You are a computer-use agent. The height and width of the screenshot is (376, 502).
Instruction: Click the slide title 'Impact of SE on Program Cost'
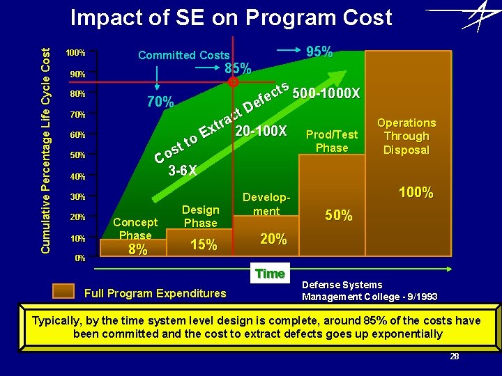click(x=231, y=18)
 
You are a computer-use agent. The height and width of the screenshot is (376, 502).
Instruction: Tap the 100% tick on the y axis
click(x=75, y=53)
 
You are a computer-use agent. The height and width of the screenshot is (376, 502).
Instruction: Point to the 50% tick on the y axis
click(x=75, y=155)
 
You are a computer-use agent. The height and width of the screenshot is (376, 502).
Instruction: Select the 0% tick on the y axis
click(x=79, y=258)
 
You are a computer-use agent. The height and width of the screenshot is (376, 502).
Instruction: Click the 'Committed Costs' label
click(x=183, y=55)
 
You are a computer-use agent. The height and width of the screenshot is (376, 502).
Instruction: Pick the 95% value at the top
click(x=319, y=52)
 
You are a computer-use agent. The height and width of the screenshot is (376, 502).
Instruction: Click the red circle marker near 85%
click(x=234, y=81)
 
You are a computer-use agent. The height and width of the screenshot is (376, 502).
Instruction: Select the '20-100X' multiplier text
click(x=261, y=131)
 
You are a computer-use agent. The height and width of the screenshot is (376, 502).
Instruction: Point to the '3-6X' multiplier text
click(x=183, y=170)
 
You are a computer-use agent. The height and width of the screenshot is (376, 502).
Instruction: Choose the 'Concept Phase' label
click(x=135, y=228)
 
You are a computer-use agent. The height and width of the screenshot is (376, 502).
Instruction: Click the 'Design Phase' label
click(x=200, y=216)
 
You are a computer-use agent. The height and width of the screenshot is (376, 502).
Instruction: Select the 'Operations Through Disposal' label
click(x=406, y=136)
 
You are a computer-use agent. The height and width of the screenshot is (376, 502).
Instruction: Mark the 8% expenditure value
click(x=138, y=249)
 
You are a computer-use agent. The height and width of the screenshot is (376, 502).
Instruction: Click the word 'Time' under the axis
click(x=270, y=274)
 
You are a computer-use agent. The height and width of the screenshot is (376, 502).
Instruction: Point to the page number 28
click(x=454, y=357)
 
